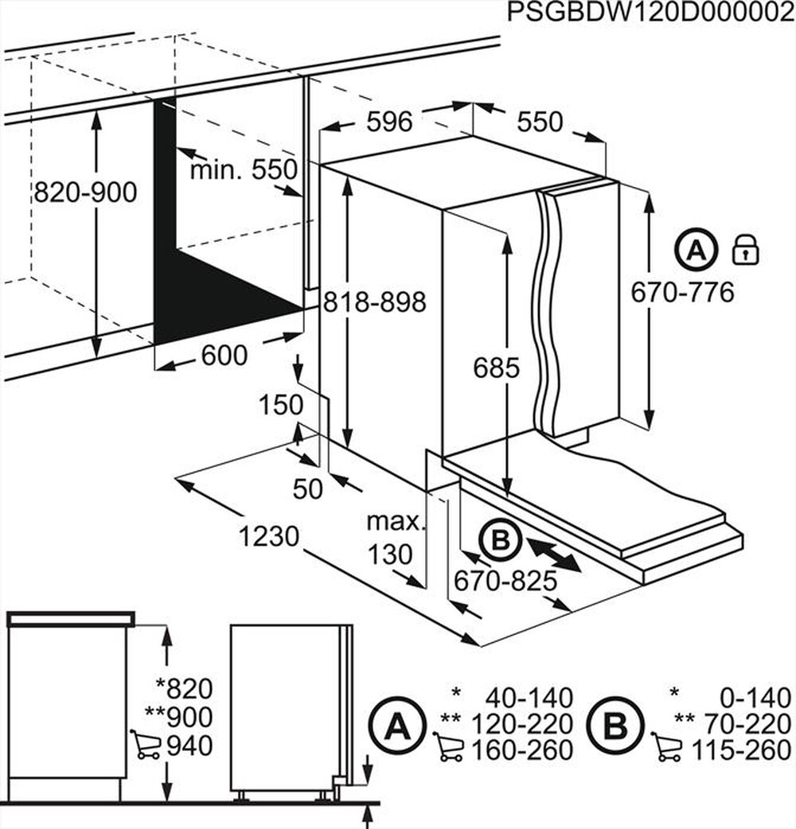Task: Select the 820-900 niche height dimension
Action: coord(85,192)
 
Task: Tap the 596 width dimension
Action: coord(389,122)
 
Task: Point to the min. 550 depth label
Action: coord(243,169)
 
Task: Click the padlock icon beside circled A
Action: coord(745,251)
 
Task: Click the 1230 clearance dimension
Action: coord(270,537)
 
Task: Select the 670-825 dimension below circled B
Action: coord(504,582)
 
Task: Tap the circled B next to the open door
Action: coord(499,542)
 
